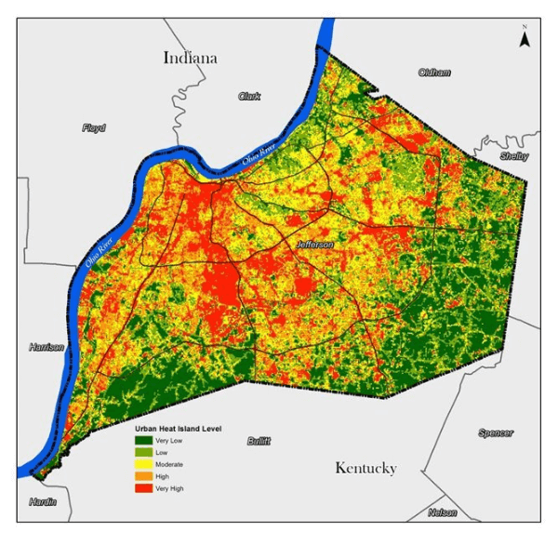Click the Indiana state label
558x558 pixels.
(x=190, y=58)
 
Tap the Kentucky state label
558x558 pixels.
(x=365, y=468)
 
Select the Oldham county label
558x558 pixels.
(x=434, y=73)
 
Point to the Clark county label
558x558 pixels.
(x=249, y=97)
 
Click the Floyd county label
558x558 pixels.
(x=94, y=128)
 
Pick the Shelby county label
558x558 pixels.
(x=514, y=156)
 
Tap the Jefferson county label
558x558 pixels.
(x=314, y=245)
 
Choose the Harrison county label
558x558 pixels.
(x=46, y=348)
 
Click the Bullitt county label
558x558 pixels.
(x=259, y=441)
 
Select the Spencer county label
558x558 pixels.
(x=495, y=433)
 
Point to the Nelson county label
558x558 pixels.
(x=443, y=513)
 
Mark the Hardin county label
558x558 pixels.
(x=42, y=502)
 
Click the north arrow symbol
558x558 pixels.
(x=525, y=39)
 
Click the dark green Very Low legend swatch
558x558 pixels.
(x=144, y=440)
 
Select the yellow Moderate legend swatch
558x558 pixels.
(x=144, y=464)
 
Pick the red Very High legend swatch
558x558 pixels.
(x=144, y=487)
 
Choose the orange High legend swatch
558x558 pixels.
(x=144, y=476)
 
